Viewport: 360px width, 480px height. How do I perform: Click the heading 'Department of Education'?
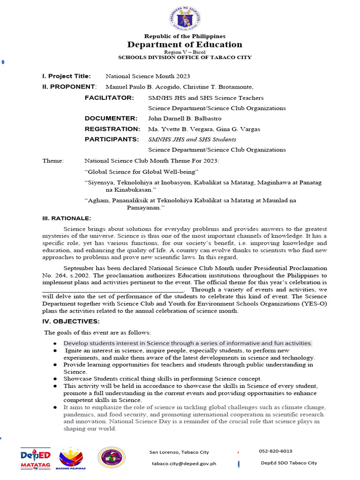(185, 45)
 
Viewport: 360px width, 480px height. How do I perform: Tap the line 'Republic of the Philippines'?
(185, 36)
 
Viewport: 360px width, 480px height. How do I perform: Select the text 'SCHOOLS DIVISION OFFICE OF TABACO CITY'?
(185, 57)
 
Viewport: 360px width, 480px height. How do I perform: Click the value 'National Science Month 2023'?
(148, 76)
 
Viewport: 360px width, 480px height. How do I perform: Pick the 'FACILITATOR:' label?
(109, 97)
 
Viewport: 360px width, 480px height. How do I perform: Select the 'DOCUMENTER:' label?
(111, 118)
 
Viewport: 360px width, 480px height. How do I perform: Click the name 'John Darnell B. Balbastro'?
(185, 118)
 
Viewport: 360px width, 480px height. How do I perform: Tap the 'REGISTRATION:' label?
(112, 129)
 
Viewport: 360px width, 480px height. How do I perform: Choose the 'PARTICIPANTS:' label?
(112, 139)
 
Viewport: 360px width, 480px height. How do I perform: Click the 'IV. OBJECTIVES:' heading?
(71, 321)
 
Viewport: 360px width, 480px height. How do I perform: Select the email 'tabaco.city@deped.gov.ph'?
(184, 463)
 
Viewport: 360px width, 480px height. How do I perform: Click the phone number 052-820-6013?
(275, 451)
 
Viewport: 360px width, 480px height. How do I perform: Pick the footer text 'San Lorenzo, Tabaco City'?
(179, 452)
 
